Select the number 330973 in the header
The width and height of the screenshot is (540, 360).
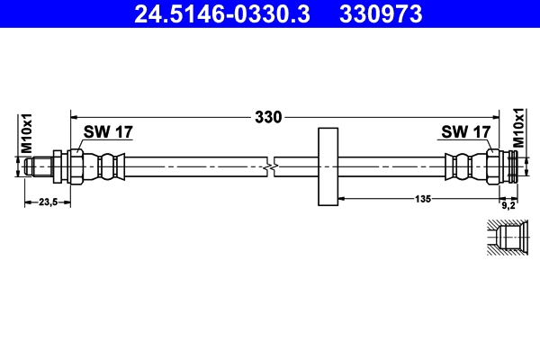pos(379,14)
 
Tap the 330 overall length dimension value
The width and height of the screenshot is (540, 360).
pos(268,116)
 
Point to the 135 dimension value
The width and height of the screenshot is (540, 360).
pos(420,198)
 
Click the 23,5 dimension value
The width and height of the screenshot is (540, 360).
pos(46,202)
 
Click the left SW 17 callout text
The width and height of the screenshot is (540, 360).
pos(108,132)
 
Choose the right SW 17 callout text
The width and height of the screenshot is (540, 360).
pos(465,132)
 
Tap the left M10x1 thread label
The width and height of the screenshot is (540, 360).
pos(27,131)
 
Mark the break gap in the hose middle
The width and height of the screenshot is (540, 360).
pos(271,166)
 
